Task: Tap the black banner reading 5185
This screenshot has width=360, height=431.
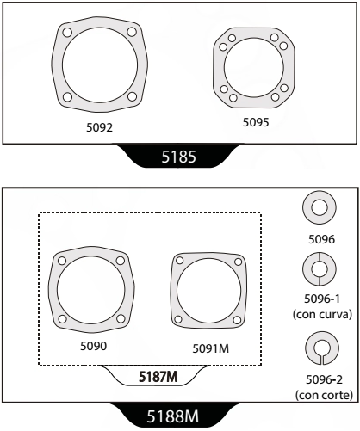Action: click(179, 157)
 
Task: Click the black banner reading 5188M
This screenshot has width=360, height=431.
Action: click(180, 417)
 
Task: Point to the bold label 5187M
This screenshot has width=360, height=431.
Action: click(158, 376)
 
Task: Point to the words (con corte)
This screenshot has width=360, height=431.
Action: click(319, 395)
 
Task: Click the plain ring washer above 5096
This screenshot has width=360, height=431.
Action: click(319, 209)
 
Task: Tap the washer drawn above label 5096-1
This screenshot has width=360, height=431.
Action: click(319, 270)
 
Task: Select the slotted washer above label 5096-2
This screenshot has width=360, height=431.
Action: click(319, 348)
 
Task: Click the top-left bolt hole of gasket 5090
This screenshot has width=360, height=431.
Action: click(62, 259)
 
